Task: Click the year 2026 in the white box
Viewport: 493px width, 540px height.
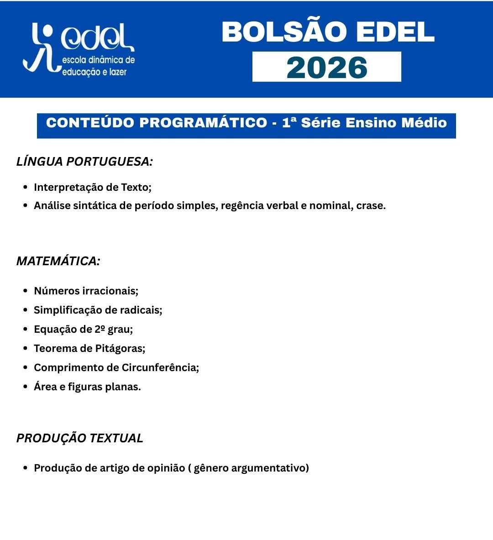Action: click(x=327, y=68)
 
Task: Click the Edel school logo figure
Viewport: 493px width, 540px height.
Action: click(x=41, y=48)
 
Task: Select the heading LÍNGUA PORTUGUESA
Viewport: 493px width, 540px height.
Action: click(x=84, y=162)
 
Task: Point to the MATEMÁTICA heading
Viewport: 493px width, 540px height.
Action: click(x=58, y=261)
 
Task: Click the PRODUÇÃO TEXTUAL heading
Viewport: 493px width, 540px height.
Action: click(x=80, y=438)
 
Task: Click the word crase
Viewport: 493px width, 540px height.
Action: click(x=371, y=205)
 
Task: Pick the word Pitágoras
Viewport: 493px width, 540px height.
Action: click(x=120, y=348)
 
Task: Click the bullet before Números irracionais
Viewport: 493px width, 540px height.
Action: click(x=26, y=291)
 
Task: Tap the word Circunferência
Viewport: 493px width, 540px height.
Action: click(x=160, y=367)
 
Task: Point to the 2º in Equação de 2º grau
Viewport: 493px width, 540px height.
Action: click(x=100, y=329)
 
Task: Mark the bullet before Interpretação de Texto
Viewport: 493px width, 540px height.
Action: click(x=26, y=187)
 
